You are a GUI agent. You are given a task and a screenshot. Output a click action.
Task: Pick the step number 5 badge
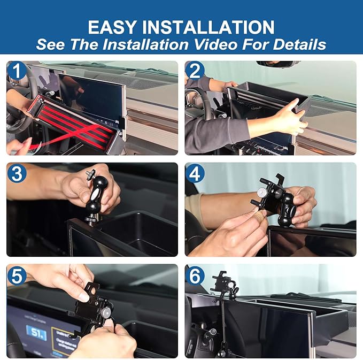pos(17,275)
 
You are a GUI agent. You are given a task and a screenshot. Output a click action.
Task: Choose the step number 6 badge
pos(196,275)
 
